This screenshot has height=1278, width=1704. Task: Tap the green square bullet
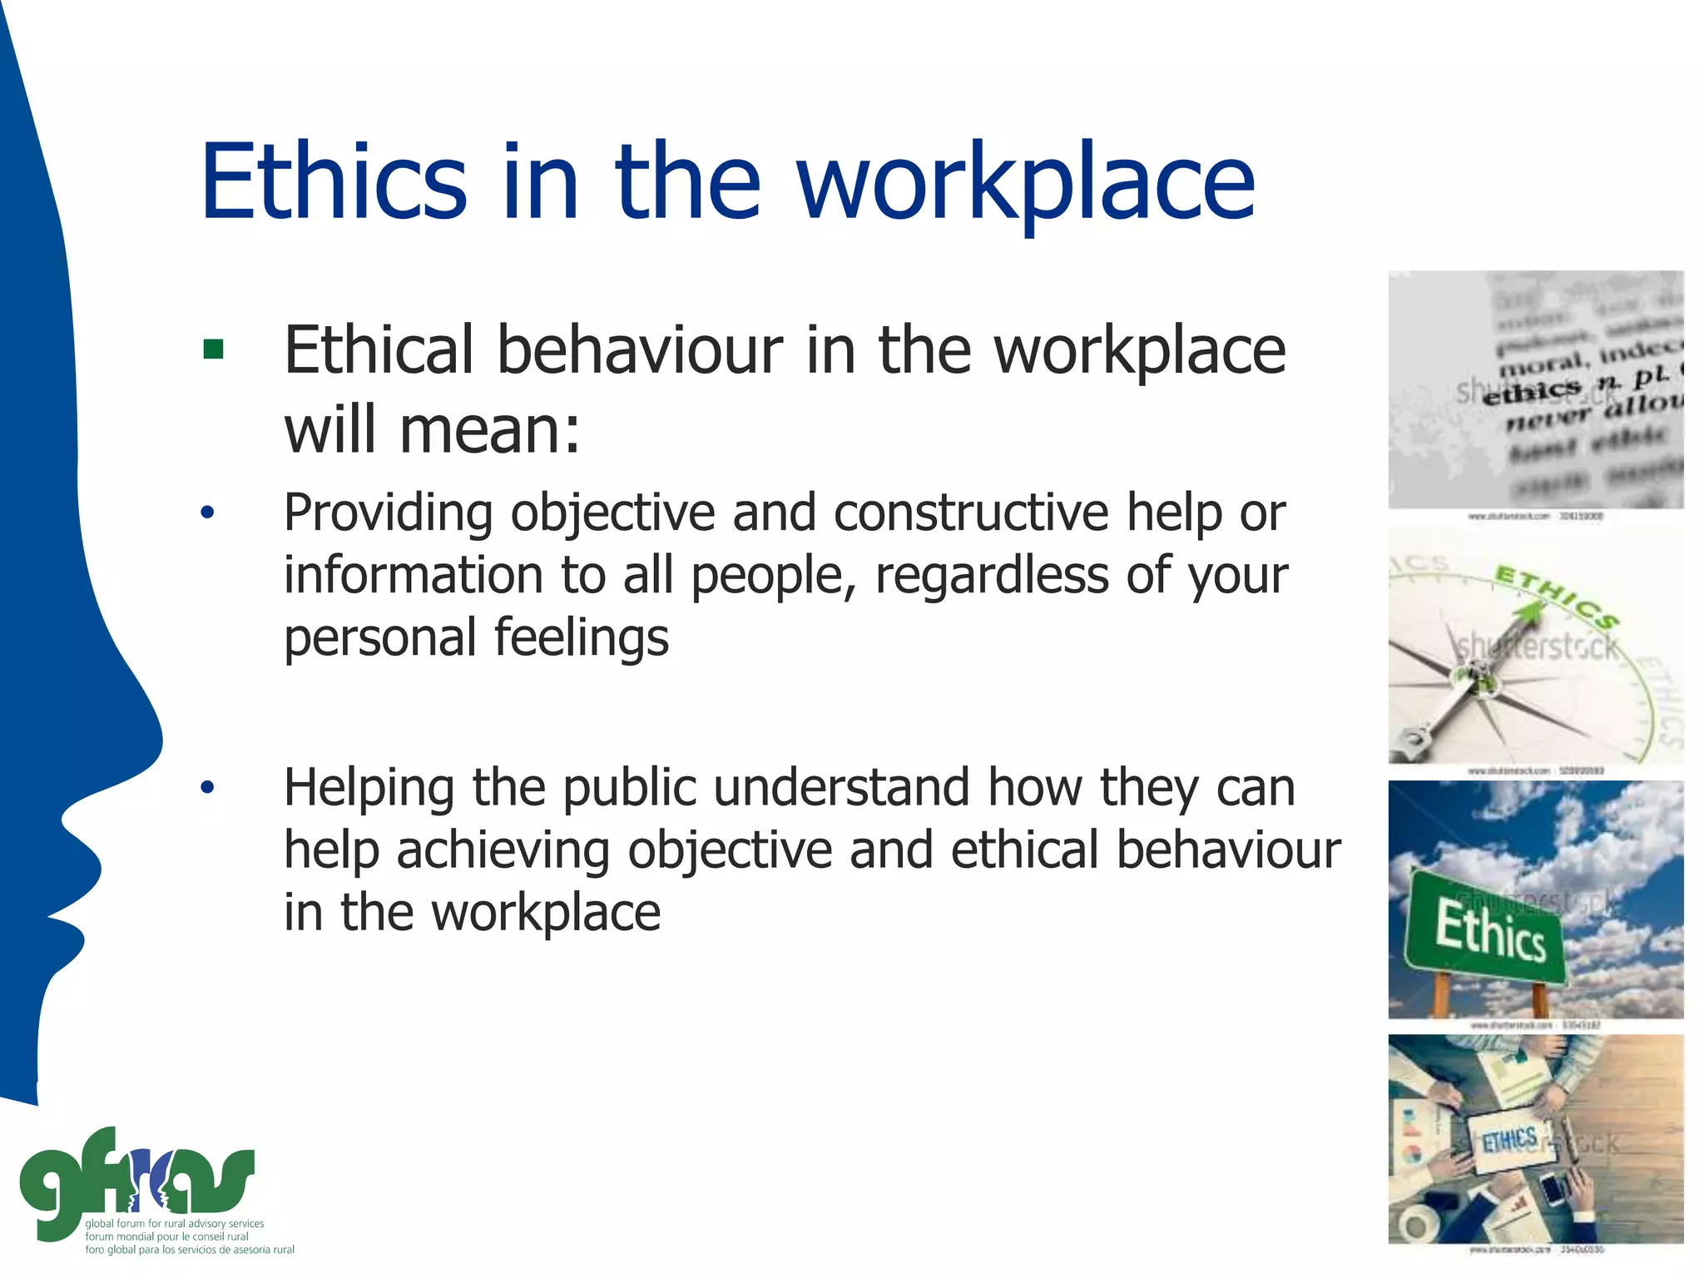click(213, 349)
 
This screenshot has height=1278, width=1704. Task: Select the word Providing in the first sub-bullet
click(388, 513)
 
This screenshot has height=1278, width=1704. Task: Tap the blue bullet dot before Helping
click(207, 786)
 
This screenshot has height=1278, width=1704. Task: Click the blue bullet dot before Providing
click(207, 512)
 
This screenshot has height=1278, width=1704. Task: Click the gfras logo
click(137, 1181)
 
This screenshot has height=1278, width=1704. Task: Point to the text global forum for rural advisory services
click(174, 1223)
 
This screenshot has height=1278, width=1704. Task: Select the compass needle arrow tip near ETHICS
click(1529, 613)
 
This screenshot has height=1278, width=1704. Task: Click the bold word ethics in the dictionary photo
click(1531, 391)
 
